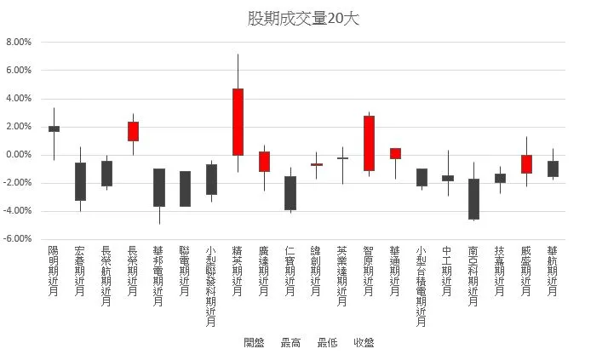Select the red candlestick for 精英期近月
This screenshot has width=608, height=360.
coord(238,122)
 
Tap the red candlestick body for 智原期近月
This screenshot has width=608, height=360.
coord(369,143)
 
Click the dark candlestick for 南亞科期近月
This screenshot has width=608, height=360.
coord(474,199)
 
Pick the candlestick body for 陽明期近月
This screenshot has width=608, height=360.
coord(54,129)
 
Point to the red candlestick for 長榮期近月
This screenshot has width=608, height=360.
coord(133,131)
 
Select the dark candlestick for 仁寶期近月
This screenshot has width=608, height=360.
coord(290,193)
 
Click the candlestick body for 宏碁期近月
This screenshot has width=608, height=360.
coord(80,181)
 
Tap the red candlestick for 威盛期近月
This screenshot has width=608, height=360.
coord(526,164)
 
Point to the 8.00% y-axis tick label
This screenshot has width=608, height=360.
coord(19,42)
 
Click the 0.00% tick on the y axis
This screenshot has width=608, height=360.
coord(19,155)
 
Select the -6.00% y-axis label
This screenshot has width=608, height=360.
coord(18,239)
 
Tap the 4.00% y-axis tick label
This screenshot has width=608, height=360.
coord(19,99)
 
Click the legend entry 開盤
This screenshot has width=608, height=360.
coord(254,343)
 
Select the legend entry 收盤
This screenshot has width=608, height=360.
coord(364,343)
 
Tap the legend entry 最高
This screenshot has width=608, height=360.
coord(290,343)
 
